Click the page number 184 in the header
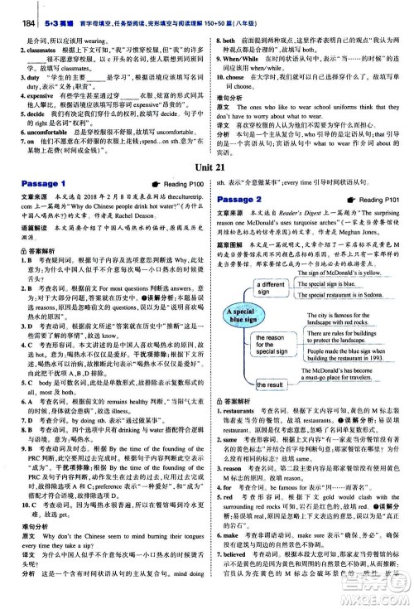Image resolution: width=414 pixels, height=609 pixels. (12, 10)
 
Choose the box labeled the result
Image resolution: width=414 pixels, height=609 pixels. (270, 385)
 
